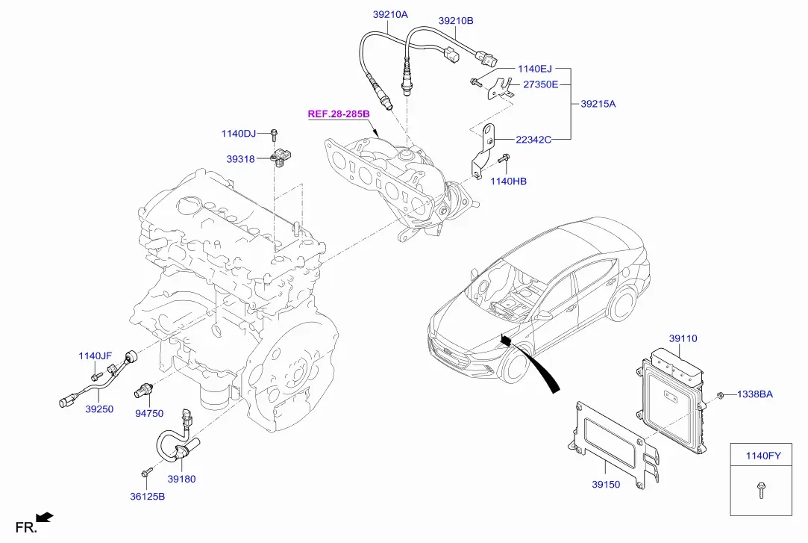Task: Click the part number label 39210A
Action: (390, 14)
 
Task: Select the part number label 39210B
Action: (456, 21)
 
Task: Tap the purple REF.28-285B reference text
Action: (339, 114)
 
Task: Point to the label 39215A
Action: (598, 104)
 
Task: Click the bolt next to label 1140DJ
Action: (274, 134)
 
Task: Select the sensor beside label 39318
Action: (281, 156)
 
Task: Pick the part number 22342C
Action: (533, 139)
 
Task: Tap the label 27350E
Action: (541, 84)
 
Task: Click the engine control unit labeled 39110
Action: (671, 400)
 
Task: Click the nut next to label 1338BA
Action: (721, 396)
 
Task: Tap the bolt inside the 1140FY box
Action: (760, 490)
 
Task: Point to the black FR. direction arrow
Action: (44, 517)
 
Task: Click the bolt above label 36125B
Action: (146, 472)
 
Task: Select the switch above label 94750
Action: (142, 391)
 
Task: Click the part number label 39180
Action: (181, 479)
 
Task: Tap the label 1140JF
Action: (95, 356)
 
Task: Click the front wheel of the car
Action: (516, 363)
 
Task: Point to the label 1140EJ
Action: (534, 69)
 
